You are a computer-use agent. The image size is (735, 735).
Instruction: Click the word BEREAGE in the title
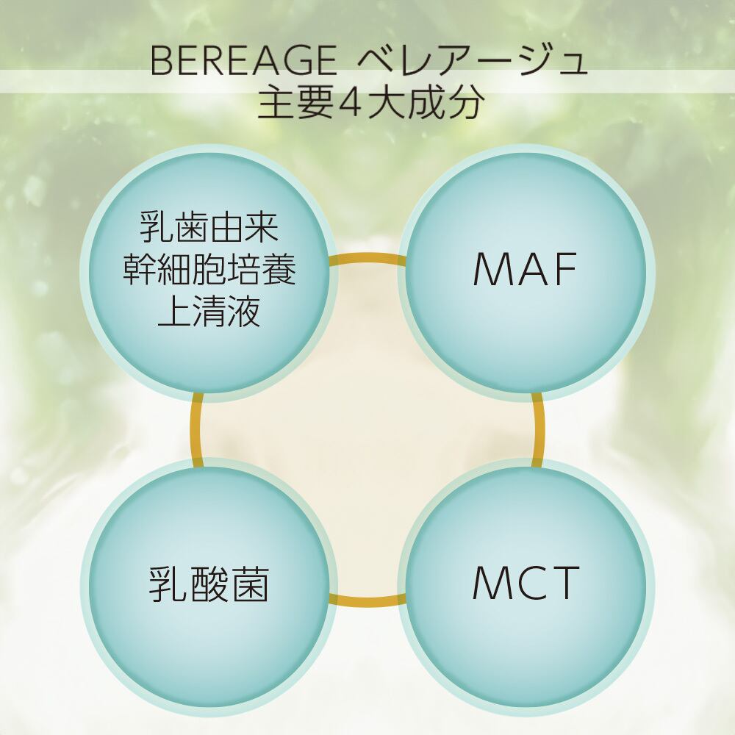point(243,60)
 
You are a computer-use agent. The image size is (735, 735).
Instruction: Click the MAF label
point(525,269)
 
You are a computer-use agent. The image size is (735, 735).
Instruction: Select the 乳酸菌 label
point(209,584)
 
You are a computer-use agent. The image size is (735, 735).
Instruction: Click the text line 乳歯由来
point(209,228)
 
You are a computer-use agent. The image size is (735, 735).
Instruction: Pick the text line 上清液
point(209,311)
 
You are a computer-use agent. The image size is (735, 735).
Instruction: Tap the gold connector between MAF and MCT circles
point(538,430)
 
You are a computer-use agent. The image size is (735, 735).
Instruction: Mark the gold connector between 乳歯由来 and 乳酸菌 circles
point(196,430)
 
